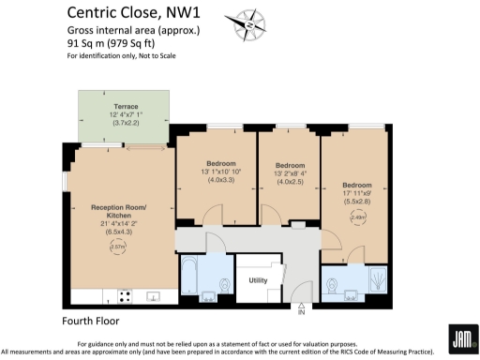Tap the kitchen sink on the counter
(x=154, y=297)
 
